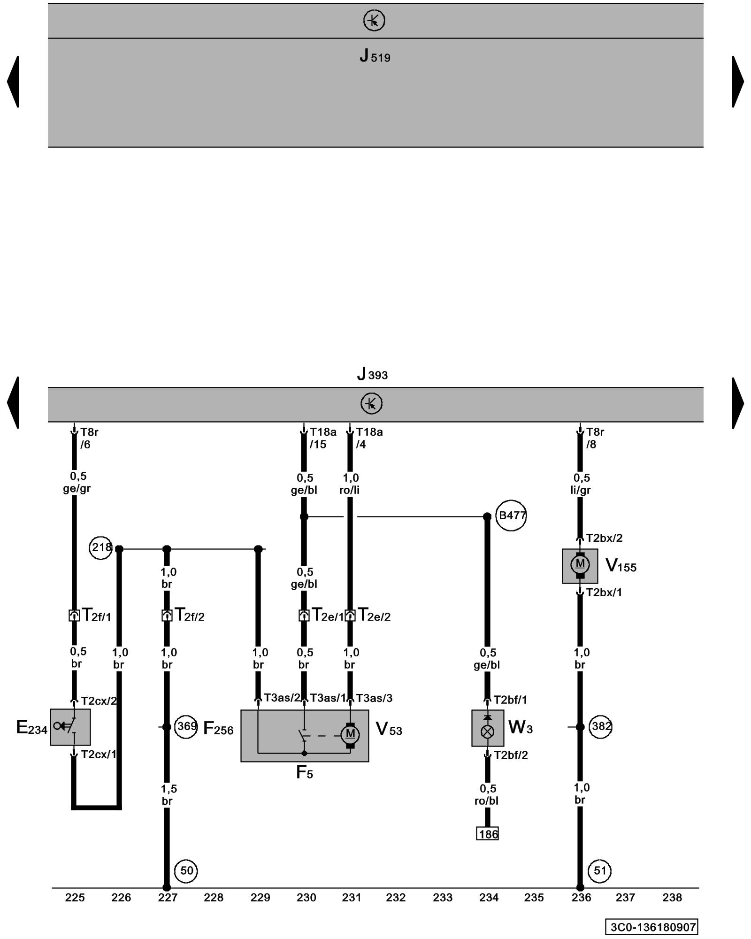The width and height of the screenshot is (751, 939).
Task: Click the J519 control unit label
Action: click(375, 56)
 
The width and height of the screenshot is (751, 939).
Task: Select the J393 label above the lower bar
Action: click(372, 375)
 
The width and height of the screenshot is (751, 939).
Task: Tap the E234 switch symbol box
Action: click(70, 727)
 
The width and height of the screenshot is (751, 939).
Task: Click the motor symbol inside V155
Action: click(580, 563)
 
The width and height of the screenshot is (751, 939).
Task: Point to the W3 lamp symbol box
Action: click(488, 728)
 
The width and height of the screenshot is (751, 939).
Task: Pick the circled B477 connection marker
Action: click(511, 516)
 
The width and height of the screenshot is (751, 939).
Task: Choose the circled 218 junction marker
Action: click(101, 547)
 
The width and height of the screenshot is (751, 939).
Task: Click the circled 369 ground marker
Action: click(186, 727)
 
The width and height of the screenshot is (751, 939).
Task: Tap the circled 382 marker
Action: click(600, 727)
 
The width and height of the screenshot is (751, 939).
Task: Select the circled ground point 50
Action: click(186, 871)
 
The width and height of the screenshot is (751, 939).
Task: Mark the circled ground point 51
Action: click(600, 871)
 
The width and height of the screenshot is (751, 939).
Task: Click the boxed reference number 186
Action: click(488, 834)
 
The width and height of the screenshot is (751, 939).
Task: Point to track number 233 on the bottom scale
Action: click(442, 898)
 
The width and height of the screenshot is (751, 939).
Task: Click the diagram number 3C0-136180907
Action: click(652, 927)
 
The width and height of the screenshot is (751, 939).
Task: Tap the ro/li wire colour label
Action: click(350, 490)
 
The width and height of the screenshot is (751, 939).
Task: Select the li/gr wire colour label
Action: click(581, 490)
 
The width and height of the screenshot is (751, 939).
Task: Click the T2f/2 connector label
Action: click(190, 615)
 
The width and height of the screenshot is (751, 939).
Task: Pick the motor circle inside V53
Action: click(350, 734)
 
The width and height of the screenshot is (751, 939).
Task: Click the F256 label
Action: click(218, 729)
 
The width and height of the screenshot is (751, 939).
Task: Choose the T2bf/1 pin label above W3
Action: click(510, 700)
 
